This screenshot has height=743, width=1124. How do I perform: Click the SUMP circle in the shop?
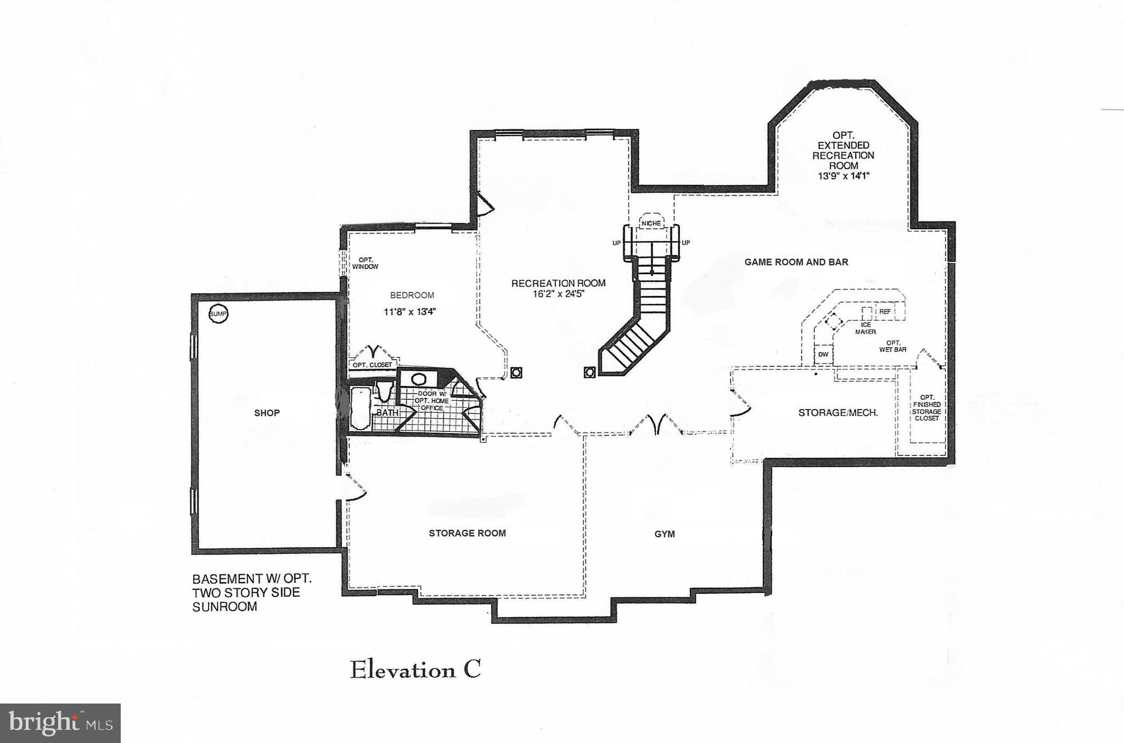point(218,314)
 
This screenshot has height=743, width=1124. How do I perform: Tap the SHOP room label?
point(267,413)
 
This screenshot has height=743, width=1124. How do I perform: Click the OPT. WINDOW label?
point(365,263)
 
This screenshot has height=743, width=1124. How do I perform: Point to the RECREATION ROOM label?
point(558,283)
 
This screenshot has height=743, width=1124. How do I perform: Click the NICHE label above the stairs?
point(651,224)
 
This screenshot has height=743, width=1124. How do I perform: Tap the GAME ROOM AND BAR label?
point(796,262)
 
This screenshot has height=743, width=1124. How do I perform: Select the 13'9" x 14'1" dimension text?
point(843,176)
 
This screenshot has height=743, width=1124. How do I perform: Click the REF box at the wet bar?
point(885,311)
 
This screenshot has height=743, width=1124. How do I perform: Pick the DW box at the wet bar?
point(823,355)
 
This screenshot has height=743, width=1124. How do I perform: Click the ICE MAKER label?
point(866,328)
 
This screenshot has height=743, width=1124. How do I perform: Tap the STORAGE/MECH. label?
point(838,412)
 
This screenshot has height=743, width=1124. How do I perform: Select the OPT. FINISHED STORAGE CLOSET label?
point(926,408)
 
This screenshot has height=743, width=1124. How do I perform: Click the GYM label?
point(664,534)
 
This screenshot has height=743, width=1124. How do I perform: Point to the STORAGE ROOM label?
point(467,533)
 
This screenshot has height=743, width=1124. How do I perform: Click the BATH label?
point(387,412)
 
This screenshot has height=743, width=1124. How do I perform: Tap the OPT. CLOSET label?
point(372,365)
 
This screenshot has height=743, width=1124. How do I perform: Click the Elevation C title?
point(415,670)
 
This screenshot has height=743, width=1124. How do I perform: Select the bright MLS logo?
point(60,723)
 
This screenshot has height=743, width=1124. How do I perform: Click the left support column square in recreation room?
point(516,373)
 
